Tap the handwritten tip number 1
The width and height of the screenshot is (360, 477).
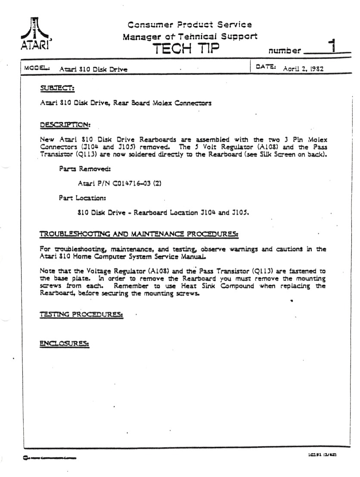click(332, 45)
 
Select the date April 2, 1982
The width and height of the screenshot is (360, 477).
click(303, 68)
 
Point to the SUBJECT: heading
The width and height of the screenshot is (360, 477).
click(57, 89)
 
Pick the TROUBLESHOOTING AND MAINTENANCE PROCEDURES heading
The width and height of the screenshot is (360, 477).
click(139, 234)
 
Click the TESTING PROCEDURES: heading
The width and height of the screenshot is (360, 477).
click(81, 315)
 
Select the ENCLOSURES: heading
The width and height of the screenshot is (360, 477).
click(64, 344)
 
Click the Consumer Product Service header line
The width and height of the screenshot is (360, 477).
click(189, 25)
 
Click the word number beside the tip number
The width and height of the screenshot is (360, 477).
click(285, 51)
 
